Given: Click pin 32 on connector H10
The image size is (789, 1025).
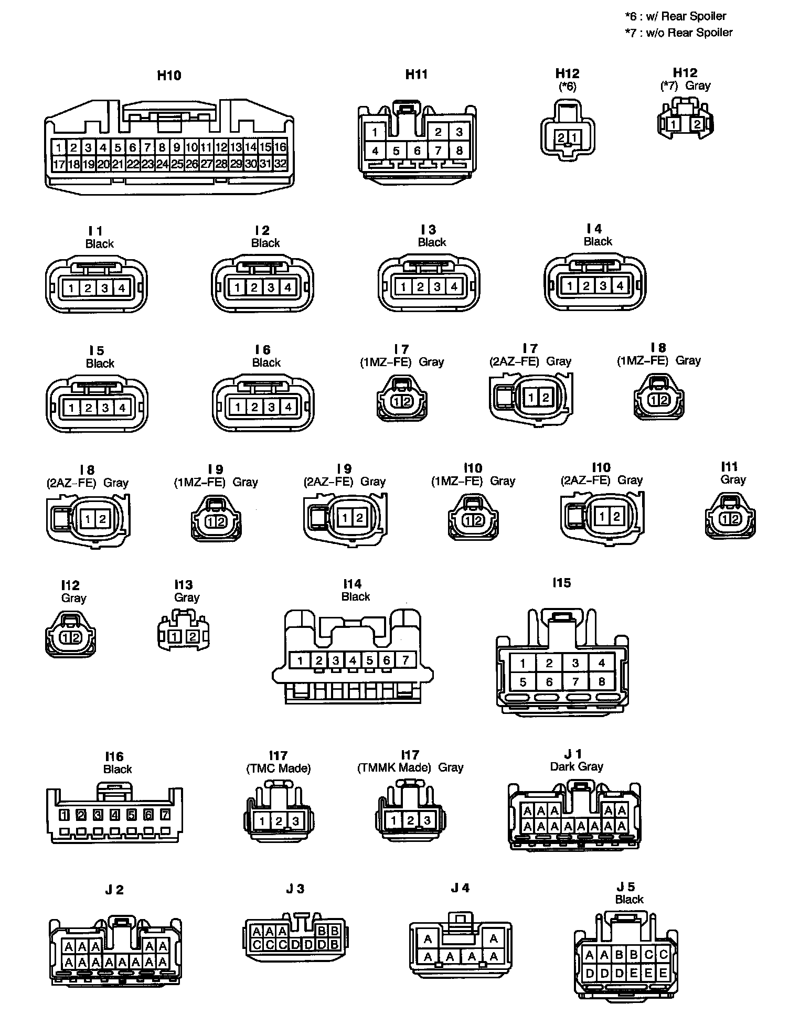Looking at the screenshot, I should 281,164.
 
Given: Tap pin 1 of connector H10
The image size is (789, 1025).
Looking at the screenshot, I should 59,147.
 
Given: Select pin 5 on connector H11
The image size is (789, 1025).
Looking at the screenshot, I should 396,151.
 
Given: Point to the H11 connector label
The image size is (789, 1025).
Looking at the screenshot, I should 417,74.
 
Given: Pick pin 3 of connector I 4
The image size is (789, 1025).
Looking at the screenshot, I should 603,286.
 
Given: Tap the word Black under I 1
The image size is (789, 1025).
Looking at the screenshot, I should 99,243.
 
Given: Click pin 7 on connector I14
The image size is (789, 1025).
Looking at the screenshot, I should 405,660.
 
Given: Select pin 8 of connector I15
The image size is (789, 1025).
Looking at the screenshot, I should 602,682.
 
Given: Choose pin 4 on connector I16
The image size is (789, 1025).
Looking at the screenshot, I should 115,815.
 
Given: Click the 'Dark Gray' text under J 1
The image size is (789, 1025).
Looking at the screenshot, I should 577,766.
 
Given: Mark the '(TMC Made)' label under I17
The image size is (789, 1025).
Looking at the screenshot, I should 278,768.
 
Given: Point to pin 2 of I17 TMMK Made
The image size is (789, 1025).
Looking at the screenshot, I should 411,820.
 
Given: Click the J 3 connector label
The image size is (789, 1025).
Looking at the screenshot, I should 295,889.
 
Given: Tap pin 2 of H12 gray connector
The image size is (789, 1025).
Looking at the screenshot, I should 697,124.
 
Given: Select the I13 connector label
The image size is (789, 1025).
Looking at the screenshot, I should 184,584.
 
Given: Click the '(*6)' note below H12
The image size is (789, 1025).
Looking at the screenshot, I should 567,86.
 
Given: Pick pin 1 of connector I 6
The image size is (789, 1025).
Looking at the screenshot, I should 238,407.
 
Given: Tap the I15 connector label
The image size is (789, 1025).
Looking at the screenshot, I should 561,582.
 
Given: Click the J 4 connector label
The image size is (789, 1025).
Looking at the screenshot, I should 460,888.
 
